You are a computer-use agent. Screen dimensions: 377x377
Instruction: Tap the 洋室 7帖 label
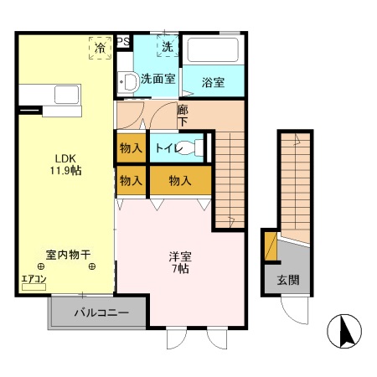pos(180,262)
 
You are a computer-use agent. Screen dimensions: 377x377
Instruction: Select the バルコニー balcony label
pos(101,313)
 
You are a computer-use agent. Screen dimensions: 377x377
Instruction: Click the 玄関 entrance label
pos(287,280)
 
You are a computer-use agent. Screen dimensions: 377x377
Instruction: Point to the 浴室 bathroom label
pos(214,82)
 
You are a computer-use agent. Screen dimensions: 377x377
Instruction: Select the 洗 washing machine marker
pos(168,48)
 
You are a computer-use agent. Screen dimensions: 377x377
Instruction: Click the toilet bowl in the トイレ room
pos(194,147)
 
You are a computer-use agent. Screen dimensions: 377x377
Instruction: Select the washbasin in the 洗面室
pos(131,82)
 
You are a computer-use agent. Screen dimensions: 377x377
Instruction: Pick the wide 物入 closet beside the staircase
pos(179,180)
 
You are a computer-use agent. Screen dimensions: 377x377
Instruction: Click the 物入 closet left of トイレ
pos(130,147)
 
